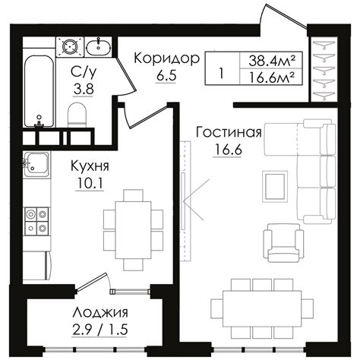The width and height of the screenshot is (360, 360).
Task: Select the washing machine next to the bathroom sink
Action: click(x=71, y=46)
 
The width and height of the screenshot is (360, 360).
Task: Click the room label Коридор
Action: click(x=166, y=58)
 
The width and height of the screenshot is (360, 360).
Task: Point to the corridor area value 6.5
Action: click(x=166, y=77)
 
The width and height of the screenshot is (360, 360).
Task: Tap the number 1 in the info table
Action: click(x=220, y=74)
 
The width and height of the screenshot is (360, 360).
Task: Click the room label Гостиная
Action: click(x=229, y=132)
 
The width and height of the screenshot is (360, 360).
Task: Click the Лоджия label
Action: click(x=100, y=313)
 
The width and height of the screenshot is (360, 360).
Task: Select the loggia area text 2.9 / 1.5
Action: click(x=100, y=330)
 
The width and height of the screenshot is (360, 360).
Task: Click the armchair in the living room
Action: click(x=279, y=240)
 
